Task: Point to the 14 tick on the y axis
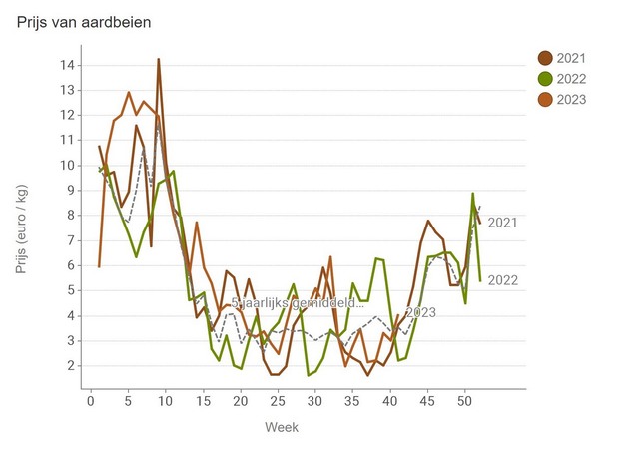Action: [67, 65]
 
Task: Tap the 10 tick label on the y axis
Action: [67, 166]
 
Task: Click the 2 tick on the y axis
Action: [71, 366]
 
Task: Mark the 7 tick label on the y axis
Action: [71, 240]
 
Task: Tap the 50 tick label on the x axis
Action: [464, 400]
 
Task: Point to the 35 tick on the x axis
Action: [351, 400]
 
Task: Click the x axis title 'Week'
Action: [281, 427]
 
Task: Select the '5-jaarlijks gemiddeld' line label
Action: [297, 302]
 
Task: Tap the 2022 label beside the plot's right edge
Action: [503, 280]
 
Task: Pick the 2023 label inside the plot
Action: [421, 312]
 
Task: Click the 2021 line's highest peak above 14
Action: [158, 60]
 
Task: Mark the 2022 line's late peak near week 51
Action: [472, 194]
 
